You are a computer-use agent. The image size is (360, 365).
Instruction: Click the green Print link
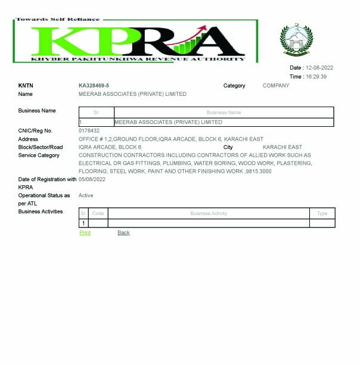pos(85,233)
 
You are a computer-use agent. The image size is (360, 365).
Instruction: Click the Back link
pos(123,233)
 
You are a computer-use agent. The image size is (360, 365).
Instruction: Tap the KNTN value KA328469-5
pos(94,86)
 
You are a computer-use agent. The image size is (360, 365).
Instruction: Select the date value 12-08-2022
pos(319,68)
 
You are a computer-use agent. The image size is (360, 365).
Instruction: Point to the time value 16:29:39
pos(316,77)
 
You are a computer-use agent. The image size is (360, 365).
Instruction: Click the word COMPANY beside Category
pos(276,86)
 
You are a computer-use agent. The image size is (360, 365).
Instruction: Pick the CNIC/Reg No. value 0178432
pos(89,130)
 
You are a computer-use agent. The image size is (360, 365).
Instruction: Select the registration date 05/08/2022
pos(92,179)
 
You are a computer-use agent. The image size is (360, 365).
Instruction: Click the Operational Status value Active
pos(86,195)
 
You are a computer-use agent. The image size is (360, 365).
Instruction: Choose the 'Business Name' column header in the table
pos(224,113)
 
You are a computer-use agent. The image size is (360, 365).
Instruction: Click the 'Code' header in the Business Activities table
pos(98,213)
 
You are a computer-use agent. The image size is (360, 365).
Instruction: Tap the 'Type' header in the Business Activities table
pos(322,213)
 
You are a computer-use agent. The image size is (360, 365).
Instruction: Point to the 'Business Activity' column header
pos(209,213)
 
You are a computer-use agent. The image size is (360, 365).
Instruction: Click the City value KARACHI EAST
pos(282,147)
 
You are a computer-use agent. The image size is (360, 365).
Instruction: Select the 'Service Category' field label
pos(39,155)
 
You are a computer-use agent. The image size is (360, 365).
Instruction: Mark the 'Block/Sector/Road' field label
pos(41,147)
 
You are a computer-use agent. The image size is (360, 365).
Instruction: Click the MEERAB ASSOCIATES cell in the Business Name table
pos(168,122)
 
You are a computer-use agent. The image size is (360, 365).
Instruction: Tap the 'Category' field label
pos(234,86)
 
